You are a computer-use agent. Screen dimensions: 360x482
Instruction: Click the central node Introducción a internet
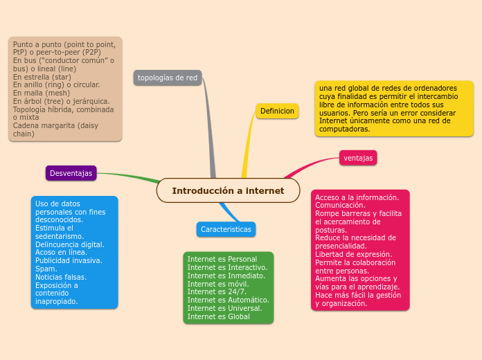pyautogui.click(x=228, y=190)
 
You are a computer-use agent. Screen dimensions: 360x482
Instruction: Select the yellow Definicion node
pyautogui.click(x=277, y=111)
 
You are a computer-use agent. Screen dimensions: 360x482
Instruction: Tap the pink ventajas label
pyautogui.click(x=358, y=158)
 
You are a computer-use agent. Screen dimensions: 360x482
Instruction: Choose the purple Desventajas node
pyautogui.click(x=71, y=173)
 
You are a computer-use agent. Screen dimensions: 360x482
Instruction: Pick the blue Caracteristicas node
pyautogui.click(x=226, y=229)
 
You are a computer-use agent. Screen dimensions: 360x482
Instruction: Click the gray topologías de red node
pyautogui.click(x=167, y=78)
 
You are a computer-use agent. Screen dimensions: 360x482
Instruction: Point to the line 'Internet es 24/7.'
pyautogui.click(x=211, y=292)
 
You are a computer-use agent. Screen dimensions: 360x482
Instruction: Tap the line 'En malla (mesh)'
pyautogui.click(x=42, y=93)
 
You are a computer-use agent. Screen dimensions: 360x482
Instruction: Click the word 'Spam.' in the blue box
pyautogui.click(x=46, y=269)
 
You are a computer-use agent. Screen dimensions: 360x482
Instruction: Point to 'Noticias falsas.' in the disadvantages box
pyautogui.click(x=60, y=277)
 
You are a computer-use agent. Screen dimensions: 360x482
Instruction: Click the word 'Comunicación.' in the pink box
pyautogui.click(x=340, y=205)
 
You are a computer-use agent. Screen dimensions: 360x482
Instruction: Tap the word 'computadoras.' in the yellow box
pyautogui.click(x=344, y=128)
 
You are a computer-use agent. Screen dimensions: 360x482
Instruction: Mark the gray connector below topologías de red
pyautogui.click(x=208, y=125)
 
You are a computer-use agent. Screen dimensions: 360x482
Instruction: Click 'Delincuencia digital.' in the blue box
pyautogui.click(x=69, y=244)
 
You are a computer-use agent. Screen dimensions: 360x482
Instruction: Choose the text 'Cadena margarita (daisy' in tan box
pyautogui.click(x=55, y=125)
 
